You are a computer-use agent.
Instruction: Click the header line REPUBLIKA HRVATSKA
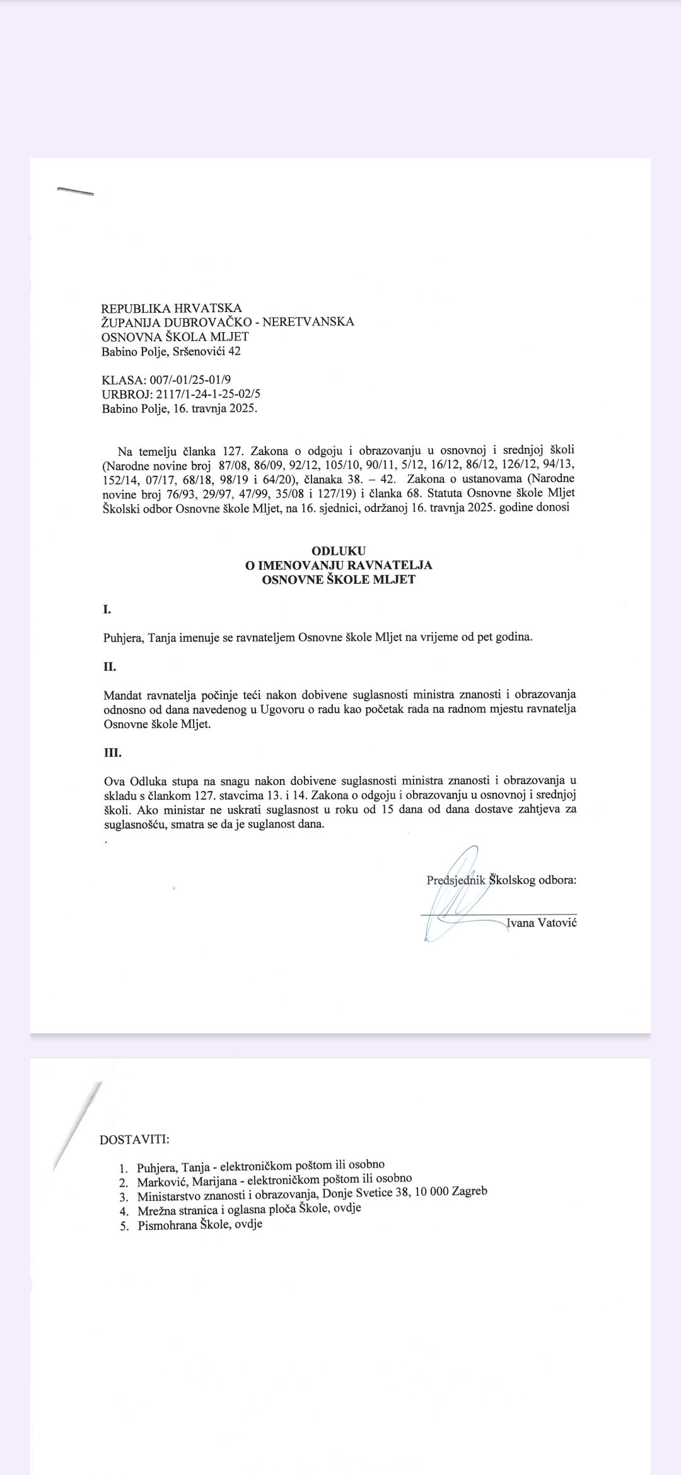click(x=172, y=308)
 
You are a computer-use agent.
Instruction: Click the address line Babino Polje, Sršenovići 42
click(x=171, y=351)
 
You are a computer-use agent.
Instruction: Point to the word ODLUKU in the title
click(x=339, y=551)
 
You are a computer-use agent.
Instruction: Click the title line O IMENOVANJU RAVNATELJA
click(x=339, y=565)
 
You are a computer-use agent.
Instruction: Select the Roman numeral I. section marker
click(x=107, y=609)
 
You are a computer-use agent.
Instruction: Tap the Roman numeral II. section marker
click(x=110, y=667)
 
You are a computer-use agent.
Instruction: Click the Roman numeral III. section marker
click(x=112, y=753)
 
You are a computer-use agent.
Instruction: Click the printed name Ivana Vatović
click(x=542, y=923)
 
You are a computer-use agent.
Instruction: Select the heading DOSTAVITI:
click(x=134, y=1140)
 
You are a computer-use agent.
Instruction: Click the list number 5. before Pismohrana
click(x=124, y=1227)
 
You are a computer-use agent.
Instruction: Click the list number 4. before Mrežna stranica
click(x=124, y=1212)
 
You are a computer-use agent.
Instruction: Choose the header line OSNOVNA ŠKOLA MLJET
click(x=175, y=337)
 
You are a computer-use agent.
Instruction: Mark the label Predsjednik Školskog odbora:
click(x=501, y=880)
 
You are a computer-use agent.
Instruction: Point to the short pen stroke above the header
click(x=75, y=191)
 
